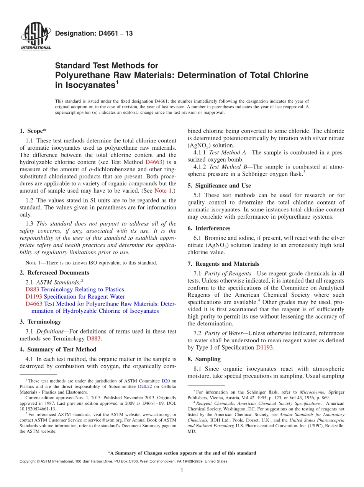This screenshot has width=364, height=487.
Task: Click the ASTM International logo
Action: point(35,37)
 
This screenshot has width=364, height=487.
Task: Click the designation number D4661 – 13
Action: point(94,34)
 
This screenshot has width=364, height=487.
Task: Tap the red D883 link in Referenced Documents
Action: point(32,289)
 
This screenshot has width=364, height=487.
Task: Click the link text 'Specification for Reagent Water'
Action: point(84,296)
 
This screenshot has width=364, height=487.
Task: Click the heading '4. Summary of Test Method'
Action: point(58,349)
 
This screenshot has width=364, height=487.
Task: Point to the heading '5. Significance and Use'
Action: point(219,185)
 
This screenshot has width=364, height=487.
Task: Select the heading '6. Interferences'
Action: point(209,228)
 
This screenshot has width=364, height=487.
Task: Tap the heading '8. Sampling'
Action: point(204,359)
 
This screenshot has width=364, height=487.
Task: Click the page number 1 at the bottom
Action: point(182,470)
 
